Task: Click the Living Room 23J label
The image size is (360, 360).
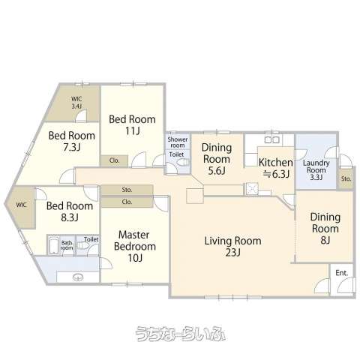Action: pos(233,247)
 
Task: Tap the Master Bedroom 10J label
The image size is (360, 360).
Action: pos(135,246)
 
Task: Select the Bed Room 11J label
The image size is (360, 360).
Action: pos(132,124)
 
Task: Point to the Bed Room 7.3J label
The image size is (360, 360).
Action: pos(72,141)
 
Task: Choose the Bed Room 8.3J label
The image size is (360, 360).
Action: pos(70,211)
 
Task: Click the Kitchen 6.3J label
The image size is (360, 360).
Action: pos(276,168)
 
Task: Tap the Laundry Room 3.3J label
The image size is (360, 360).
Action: pos(316,170)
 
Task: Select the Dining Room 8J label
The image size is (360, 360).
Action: pos(325,228)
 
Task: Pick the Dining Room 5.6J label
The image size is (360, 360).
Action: pos(217,159)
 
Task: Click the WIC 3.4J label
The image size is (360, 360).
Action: pos(76,103)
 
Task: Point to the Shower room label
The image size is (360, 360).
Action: pos(178,142)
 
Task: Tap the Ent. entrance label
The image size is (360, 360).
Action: pos(342,273)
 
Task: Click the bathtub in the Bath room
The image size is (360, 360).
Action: pos(54,246)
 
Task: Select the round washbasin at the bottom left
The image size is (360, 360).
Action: pos(78,277)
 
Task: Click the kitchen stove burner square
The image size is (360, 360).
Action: pos(252,188)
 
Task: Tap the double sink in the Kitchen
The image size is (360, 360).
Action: pos(272,139)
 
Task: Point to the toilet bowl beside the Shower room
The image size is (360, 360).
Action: pos(183,163)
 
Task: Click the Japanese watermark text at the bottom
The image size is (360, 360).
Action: pos(180,334)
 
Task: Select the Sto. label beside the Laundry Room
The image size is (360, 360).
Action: pos(346,178)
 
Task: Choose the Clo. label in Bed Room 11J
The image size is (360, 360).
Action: pos(115,160)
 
